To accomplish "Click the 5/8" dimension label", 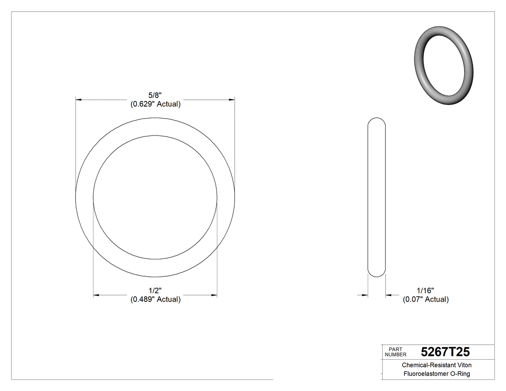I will tap(155, 95).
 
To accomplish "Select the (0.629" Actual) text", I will tap(155, 104).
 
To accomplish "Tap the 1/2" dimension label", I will tap(155, 291).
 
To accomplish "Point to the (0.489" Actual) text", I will tap(155, 299).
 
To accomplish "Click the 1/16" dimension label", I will tap(426, 291).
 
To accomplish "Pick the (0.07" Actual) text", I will tap(426, 299).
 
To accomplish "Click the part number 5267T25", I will tap(445, 352).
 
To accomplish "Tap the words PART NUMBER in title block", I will tap(396, 352).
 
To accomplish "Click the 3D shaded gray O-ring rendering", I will tap(444, 66).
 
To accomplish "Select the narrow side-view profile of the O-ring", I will tap(376, 198).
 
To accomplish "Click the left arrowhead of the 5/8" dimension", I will tap(79, 100).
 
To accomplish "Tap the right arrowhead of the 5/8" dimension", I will tap(232, 100).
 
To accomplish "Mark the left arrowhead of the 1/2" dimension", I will tap(96, 295).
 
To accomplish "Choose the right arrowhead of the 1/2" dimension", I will tap(214, 295).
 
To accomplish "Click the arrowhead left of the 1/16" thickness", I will tap(365, 295).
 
